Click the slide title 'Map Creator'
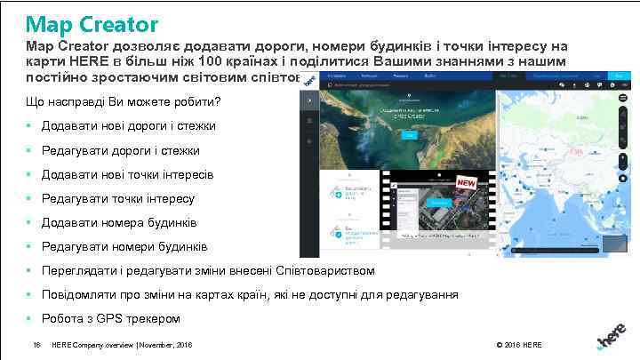[x=92, y=24]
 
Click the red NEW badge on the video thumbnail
[x=467, y=182]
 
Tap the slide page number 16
[x=36, y=344]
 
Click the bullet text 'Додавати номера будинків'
[x=119, y=222]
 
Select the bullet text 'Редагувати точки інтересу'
[x=118, y=198]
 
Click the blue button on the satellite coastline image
[x=409, y=135]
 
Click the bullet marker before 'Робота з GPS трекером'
[x=30, y=318]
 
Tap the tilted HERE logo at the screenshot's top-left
[x=310, y=81]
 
